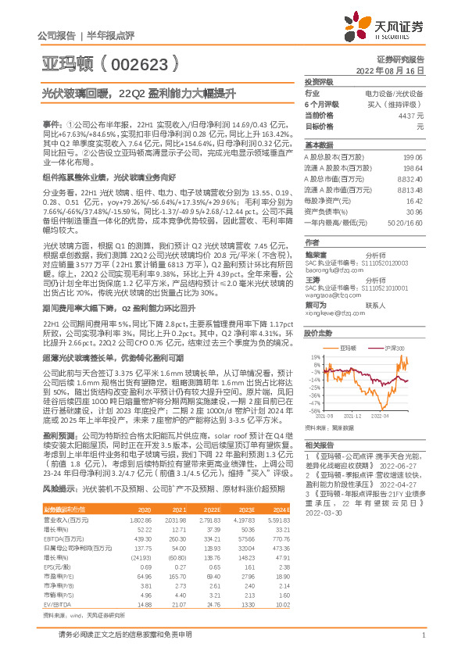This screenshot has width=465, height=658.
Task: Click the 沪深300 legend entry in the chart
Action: click(395, 346)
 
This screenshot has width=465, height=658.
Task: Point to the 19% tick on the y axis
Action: click(314, 356)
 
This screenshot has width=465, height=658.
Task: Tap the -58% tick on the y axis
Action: click(313, 411)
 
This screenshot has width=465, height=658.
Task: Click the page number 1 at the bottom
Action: click(422, 643)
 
